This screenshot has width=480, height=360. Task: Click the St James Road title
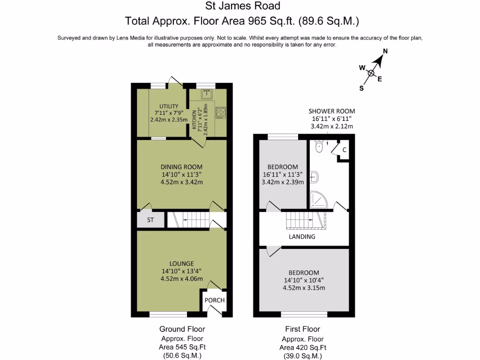click(x=243, y=6)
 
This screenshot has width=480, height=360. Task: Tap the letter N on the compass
click(x=385, y=52)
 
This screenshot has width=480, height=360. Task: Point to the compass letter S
click(x=361, y=88)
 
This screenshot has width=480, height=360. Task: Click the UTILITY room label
click(x=169, y=106)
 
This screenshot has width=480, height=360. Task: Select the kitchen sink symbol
click(x=207, y=94)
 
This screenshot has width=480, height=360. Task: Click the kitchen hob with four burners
click(x=220, y=112)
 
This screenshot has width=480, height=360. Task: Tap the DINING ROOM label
click(x=181, y=167)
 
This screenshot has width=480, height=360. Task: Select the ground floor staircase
click(x=187, y=220)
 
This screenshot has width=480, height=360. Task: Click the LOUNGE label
click(x=181, y=263)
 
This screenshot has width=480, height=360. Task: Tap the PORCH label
click(x=215, y=300)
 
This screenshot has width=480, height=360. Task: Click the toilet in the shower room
click(x=320, y=147)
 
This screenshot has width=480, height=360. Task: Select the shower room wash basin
click(x=315, y=177)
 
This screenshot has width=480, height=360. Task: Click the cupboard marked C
click(x=344, y=150)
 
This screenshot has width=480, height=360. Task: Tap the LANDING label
click(x=302, y=237)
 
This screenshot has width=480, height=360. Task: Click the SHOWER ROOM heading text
click(x=331, y=111)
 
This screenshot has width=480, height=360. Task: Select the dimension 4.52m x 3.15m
click(x=304, y=288)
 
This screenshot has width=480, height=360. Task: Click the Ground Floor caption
click(x=182, y=329)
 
